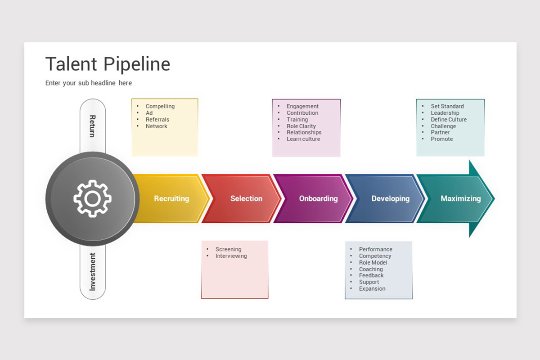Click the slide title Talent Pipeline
[108, 64]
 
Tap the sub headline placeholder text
[89, 83]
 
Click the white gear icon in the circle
[93, 198]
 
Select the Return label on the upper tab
[93, 126]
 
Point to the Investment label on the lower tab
[93, 271]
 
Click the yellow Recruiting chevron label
[171, 198]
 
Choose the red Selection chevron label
[246, 198]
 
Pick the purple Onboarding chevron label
[318, 198]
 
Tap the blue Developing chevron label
[390, 198]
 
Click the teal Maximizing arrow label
[460, 198]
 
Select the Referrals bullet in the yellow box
[157, 120]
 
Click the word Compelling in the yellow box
[160, 107]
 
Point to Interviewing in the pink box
[231, 256]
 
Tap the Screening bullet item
[228, 249]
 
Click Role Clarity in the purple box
[301, 126]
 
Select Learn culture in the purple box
[303, 139]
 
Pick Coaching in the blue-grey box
[371, 269]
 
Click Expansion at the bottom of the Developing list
[372, 289]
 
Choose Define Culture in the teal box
[449, 120]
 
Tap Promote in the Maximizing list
[442, 139]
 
